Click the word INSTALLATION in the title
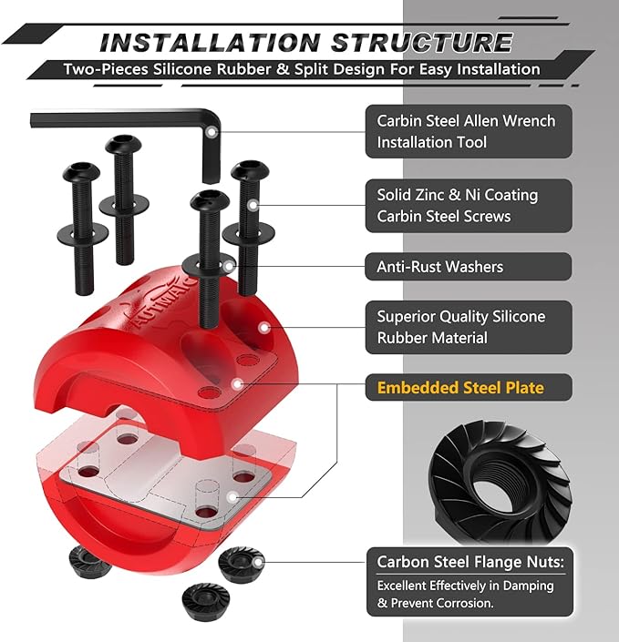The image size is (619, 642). (210, 43)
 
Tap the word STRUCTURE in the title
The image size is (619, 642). (422, 43)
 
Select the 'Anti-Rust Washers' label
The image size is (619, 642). (469, 267)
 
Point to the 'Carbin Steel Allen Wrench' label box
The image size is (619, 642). (469, 131)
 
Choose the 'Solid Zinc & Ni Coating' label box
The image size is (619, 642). (469, 206)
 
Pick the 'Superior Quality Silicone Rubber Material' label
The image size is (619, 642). (469, 327)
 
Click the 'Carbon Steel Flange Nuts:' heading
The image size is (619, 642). (470, 562)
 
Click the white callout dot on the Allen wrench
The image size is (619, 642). (211, 132)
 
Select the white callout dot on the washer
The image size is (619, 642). (229, 267)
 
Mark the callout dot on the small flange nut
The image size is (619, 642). (258, 563)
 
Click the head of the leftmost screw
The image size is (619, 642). (81, 173)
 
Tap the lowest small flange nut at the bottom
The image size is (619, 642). (205, 596)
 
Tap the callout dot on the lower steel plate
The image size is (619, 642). (232, 497)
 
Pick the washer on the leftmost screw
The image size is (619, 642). (83, 234)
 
